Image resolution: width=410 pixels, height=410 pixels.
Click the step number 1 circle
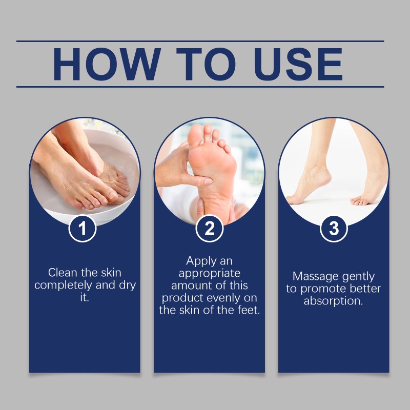pyautogui.click(x=84, y=229)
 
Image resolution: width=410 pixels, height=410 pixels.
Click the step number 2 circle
pyautogui.click(x=210, y=229)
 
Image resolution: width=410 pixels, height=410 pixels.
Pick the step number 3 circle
pyautogui.click(x=334, y=229)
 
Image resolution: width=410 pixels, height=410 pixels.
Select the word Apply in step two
pyautogui.click(x=198, y=261)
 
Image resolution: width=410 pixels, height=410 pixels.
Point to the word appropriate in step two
pyautogui.click(x=210, y=274)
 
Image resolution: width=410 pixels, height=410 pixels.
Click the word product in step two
pyautogui.click(x=182, y=298)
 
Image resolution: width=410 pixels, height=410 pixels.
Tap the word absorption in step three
pyautogui.click(x=333, y=301)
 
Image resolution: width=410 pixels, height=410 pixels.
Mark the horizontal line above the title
pyautogui.click(x=200, y=41)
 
